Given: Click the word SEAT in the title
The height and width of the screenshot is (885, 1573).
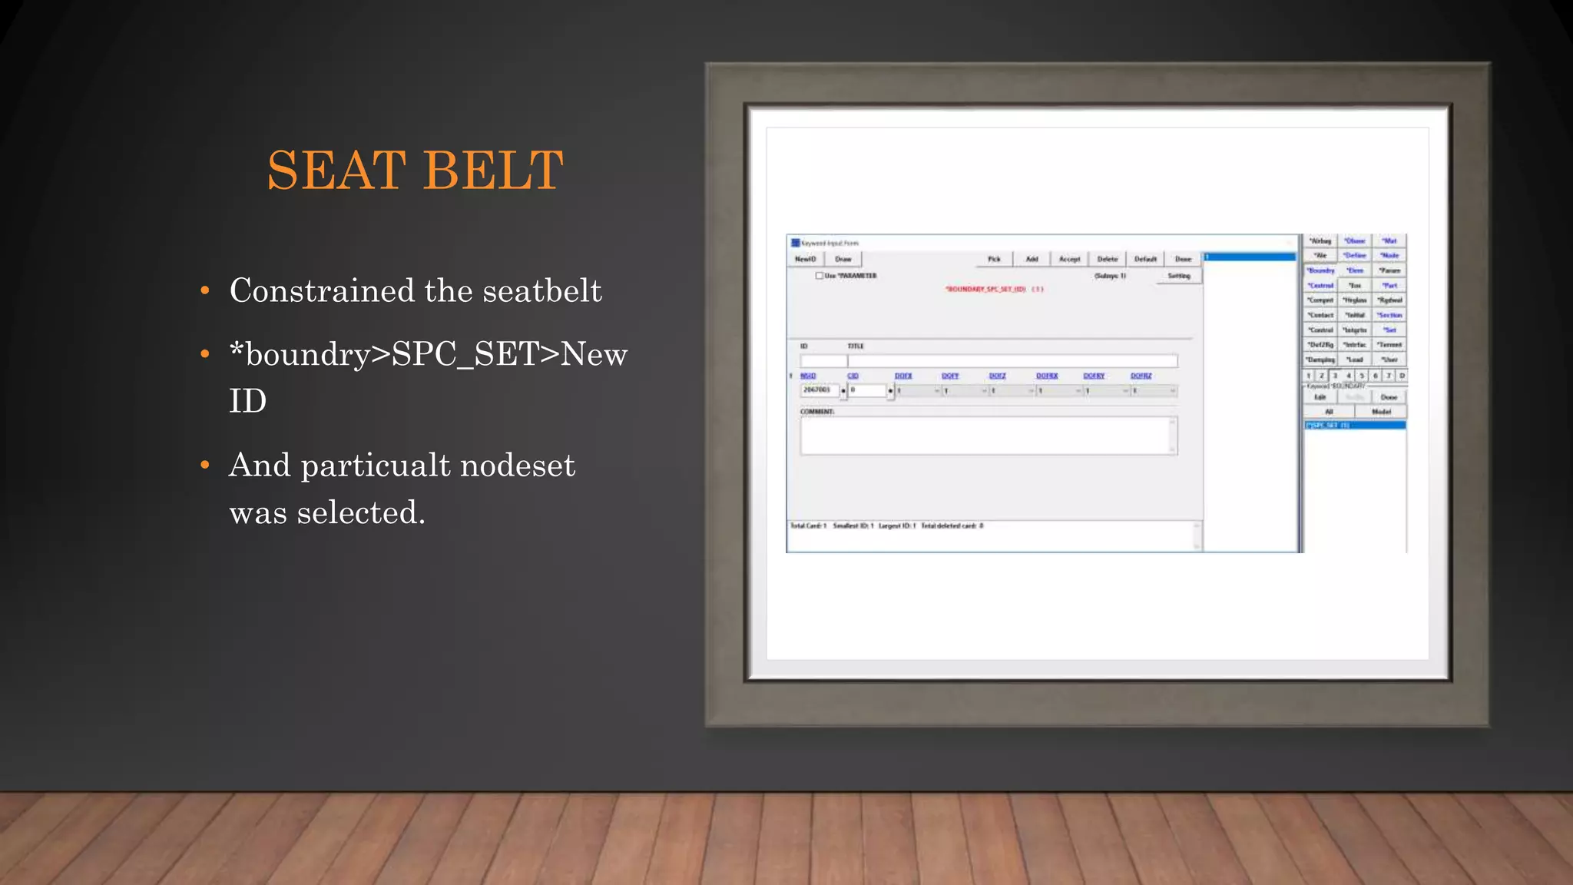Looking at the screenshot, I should pos(336,171).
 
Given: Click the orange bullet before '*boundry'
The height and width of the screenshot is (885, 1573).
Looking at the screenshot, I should pos(204,354).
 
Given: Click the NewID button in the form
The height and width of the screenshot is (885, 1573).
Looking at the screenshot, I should pos(805,259).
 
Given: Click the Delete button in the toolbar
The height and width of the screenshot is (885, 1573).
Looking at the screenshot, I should pos(1107,259).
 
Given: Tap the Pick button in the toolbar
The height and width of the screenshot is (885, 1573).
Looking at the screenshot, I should pos(994,259).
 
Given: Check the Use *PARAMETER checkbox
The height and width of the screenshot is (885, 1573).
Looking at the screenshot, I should pos(820,276).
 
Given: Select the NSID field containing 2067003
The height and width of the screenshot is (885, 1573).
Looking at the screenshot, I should pos(819,390).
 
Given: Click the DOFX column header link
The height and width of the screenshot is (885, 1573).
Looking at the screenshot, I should pos(903,376).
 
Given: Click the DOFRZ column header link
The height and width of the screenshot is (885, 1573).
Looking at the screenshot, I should pos(1141,376).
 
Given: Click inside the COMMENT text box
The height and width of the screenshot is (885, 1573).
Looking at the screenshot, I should pos(987,436).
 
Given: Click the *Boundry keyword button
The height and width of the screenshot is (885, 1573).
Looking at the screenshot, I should pos(1321,270).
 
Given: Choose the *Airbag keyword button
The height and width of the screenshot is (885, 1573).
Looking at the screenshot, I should pos(1320,241).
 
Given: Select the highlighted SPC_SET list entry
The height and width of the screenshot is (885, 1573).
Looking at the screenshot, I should pos(1354,425).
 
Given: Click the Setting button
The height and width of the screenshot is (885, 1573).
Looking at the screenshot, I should pos(1178,276).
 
